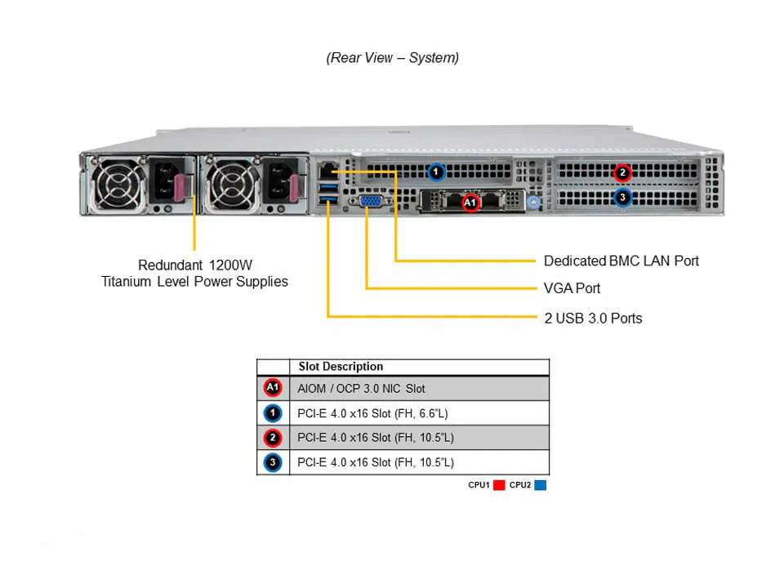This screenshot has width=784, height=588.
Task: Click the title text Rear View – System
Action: (393, 58)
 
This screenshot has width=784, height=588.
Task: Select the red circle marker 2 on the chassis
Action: (622, 172)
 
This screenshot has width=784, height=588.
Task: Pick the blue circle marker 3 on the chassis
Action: (622, 197)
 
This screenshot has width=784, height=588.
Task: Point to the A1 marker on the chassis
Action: (470, 203)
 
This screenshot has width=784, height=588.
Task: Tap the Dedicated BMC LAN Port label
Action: (621, 261)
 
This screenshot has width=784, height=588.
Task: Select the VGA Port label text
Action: (572, 288)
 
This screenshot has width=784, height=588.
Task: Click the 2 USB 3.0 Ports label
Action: (593, 318)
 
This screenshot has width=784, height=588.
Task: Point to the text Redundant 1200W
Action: (194, 265)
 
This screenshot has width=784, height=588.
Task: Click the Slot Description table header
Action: (341, 367)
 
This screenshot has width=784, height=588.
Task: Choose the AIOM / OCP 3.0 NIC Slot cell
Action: (361, 389)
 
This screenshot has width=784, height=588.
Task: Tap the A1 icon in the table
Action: (273, 389)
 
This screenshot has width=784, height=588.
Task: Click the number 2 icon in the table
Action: (273, 438)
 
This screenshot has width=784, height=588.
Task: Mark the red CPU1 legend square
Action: (499, 485)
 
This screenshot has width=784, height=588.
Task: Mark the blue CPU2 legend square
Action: (540, 485)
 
